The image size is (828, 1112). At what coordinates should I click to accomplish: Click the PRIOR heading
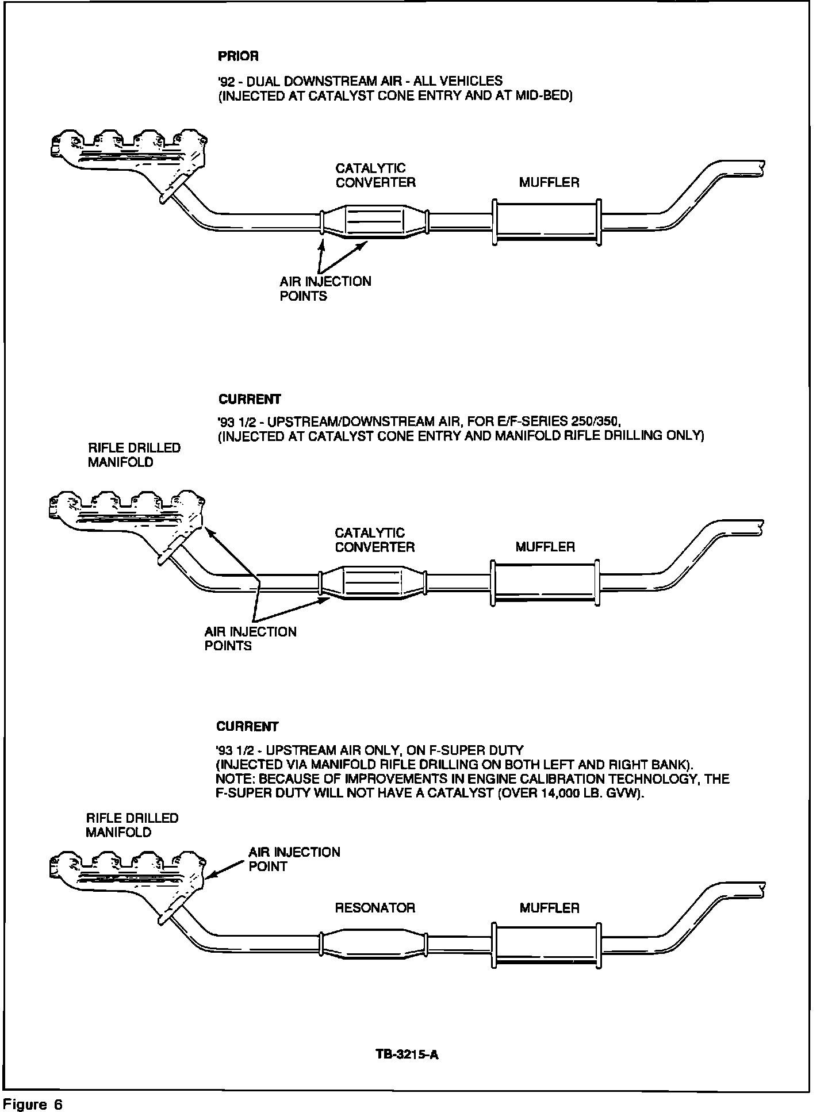238,56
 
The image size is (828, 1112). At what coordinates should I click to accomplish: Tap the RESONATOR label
374,908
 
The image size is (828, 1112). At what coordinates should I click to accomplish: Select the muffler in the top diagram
546,223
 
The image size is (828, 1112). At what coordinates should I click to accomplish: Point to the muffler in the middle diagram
544,582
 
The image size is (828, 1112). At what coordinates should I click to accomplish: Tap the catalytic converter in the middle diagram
372,583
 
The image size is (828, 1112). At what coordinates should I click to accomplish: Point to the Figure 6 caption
33,1104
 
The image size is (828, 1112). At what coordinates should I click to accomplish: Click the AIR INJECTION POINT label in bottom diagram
294,859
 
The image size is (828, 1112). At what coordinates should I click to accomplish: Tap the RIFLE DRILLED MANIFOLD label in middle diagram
134,455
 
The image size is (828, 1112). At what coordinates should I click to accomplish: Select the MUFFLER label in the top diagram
549,182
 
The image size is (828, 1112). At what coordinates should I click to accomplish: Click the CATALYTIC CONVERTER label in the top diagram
375,175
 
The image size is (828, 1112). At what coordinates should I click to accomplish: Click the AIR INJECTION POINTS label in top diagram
325,289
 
